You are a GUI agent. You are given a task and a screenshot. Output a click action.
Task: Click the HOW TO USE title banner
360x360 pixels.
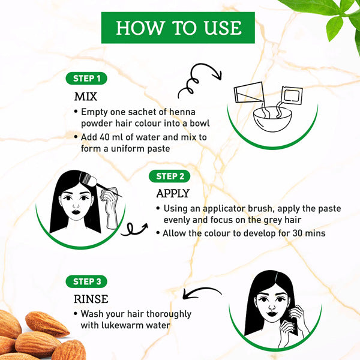click(x=178, y=28)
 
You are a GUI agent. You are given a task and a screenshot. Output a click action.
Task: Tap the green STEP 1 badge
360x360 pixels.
click(x=86, y=79)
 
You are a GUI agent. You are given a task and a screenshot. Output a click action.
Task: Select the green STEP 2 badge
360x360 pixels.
click(x=169, y=176)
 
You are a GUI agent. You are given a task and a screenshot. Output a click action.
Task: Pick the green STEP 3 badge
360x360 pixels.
click(x=86, y=281)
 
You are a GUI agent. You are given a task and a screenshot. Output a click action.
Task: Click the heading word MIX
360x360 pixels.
click(x=86, y=97)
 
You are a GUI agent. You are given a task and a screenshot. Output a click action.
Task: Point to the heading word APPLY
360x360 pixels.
click(x=173, y=193)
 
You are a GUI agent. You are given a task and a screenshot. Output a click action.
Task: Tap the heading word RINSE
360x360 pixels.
click(x=91, y=299)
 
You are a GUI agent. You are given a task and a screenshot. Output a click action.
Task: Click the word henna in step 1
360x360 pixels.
click(x=182, y=112)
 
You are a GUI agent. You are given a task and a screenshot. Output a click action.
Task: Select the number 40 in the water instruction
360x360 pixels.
click(x=104, y=137)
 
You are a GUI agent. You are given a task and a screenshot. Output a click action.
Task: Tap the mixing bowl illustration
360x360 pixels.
click(x=272, y=119)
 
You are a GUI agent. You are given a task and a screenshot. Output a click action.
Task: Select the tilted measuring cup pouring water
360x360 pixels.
click(x=249, y=92)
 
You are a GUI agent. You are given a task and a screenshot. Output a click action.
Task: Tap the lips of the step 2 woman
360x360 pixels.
click(x=76, y=211)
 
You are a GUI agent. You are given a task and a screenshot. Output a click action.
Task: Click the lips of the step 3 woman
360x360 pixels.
click(x=271, y=314)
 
